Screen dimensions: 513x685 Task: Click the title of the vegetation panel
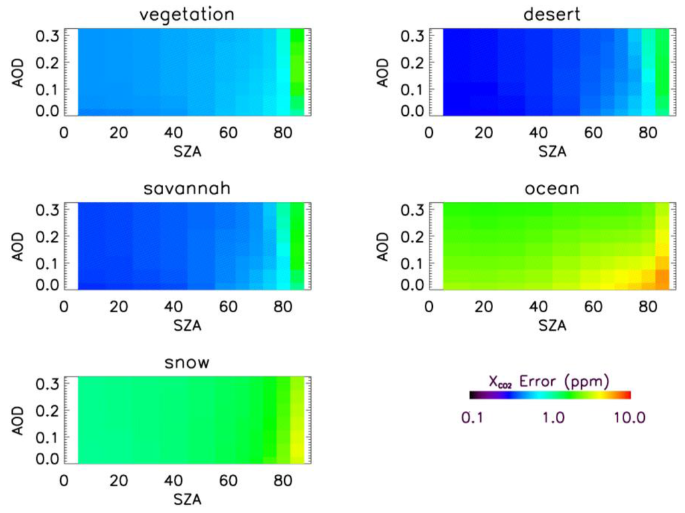click(187, 14)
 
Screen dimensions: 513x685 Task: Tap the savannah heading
click(187, 189)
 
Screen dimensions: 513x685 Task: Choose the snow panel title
click(187, 363)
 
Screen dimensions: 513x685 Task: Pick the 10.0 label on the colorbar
click(629, 417)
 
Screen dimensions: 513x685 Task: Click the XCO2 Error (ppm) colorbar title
click(549, 382)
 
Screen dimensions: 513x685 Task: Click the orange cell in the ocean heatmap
click(662, 276)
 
